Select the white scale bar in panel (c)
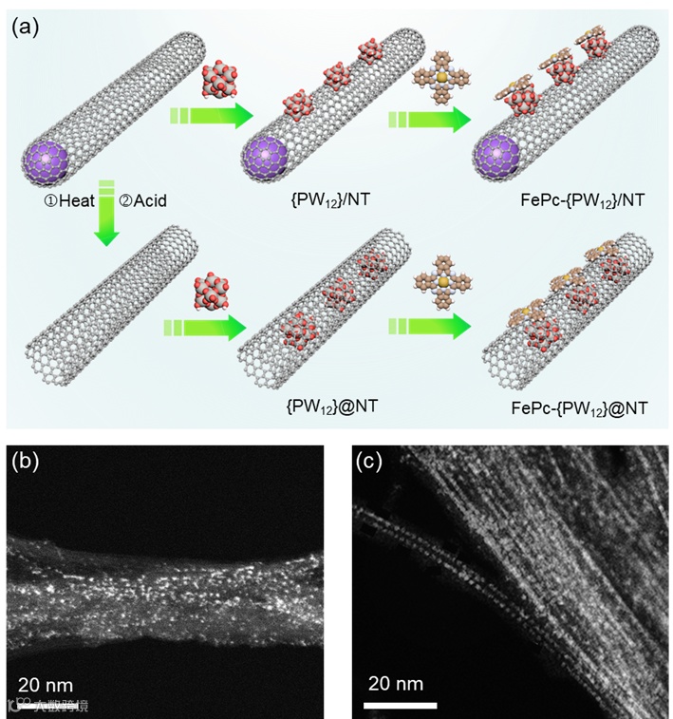click(401, 705)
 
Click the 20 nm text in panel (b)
click(46, 684)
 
